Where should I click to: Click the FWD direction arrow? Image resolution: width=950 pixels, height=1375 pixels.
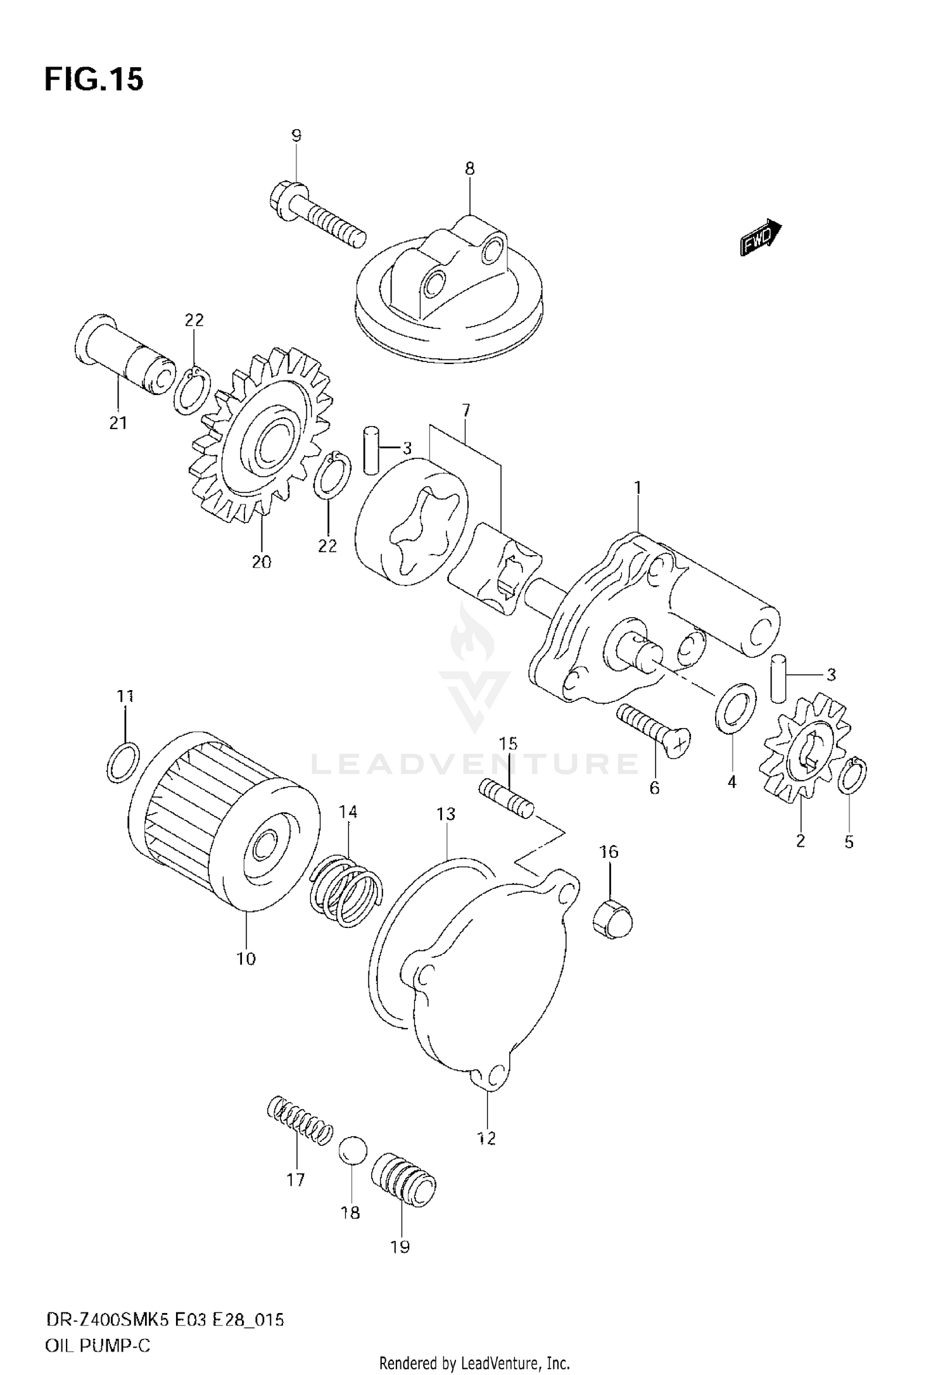[761, 237]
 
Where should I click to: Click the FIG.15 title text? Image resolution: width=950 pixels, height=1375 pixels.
[94, 80]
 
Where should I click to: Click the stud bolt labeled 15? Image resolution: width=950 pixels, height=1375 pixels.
[507, 799]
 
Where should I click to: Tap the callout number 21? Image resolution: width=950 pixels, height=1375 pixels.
[118, 424]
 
